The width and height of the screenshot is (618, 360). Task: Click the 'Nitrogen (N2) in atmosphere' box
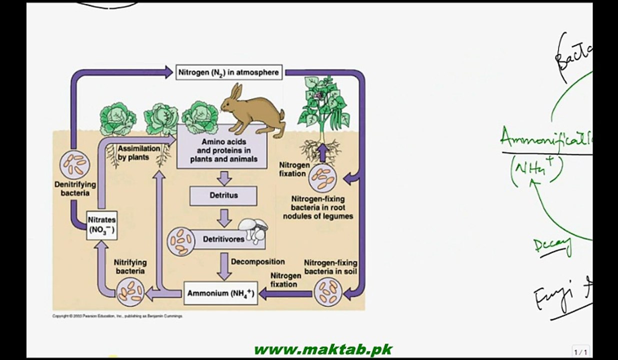(229, 72)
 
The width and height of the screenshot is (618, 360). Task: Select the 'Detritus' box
(223, 195)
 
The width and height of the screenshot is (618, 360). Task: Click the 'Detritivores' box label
(223, 239)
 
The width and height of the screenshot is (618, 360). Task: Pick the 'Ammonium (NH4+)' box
(220, 294)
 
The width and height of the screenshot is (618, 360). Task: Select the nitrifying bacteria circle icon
(130, 291)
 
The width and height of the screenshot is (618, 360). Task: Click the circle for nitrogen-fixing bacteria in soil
(328, 291)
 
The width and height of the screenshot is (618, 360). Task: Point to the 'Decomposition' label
(257, 261)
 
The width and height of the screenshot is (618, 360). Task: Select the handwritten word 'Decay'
(552, 245)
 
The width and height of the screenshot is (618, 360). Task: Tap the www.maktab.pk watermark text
(322, 349)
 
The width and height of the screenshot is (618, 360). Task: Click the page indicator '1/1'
(580, 352)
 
